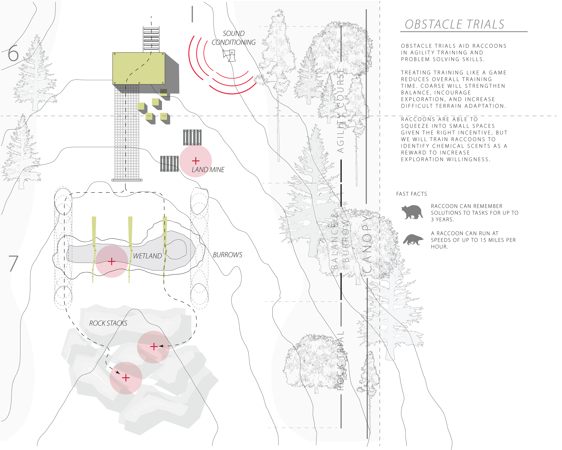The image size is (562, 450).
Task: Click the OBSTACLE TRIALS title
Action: click(454, 24)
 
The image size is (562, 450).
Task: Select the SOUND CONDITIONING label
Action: click(234, 38)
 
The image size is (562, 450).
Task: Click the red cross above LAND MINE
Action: click(196, 161)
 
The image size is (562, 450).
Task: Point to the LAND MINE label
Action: click(208, 170)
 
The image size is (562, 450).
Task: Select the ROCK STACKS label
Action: click(108, 323)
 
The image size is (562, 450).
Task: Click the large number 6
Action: click(13, 54)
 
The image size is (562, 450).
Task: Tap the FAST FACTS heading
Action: click(412, 194)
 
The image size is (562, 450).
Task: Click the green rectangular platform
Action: click(139, 68)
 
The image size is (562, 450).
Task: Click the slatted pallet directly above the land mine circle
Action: click(192, 137)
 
